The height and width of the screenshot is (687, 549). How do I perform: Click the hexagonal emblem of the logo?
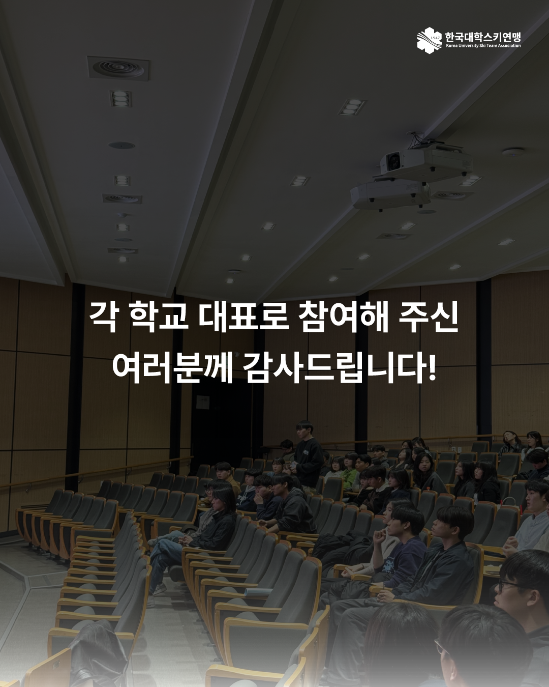[430, 40]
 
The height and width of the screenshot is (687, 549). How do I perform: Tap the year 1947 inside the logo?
[435, 38]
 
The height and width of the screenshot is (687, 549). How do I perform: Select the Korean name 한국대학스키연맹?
[483, 37]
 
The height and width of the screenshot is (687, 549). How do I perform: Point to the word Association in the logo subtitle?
[509, 46]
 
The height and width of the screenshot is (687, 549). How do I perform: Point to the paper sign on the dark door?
[202, 402]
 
